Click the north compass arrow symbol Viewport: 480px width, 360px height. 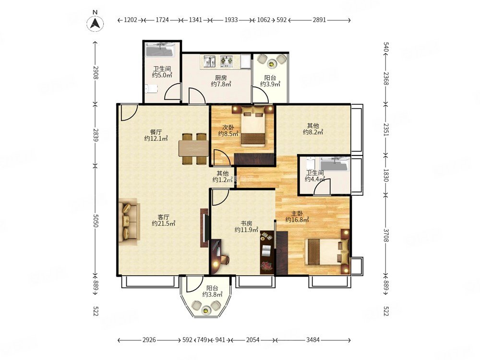click(x=95, y=23)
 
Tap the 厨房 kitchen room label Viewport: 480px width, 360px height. click(x=220, y=78)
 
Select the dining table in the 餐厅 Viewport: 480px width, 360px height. click(x=194, y=149)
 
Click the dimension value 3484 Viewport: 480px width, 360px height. click(x=312, y=340)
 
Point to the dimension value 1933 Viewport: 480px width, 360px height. click(x=231, y=20)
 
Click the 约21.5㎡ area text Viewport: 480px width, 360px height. click(x=164, y=224)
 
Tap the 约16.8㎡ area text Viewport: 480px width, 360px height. click(x=297, y=219)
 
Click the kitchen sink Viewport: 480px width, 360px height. click(x=210, y=61)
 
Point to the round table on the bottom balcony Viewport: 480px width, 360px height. click(x=205, y=311)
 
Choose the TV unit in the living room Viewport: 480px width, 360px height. click(x=204, y=228)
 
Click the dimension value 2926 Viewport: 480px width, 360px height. click(x=149, y=340)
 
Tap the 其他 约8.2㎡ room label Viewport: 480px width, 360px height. click(x=313, y=129)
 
